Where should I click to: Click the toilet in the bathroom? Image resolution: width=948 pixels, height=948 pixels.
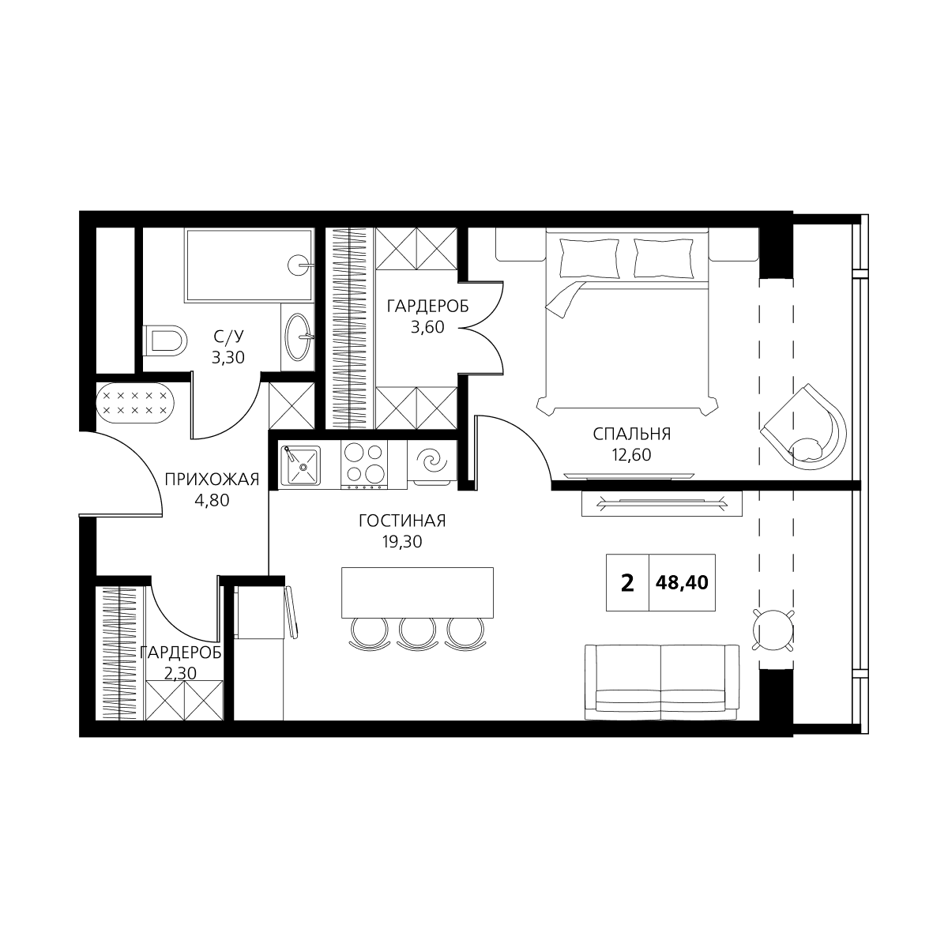tap(165, 340)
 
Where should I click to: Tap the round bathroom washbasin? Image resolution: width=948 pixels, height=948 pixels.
tap(299, 337)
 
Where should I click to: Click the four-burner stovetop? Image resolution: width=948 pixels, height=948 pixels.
tap(364, 463)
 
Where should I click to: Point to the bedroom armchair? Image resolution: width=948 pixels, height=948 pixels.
tap(803, 427)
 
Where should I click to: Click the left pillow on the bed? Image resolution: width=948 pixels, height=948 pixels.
tap(589, 258)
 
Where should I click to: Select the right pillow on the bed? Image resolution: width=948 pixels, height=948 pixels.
tap(664, 258)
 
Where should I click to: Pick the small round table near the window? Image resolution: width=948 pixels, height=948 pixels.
tap(773, 630)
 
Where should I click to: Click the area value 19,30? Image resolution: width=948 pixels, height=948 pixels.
tap(402, 542)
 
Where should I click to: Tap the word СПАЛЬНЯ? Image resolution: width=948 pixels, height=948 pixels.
tap(632, 434)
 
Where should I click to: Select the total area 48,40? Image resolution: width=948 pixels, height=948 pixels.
tap(682, 582)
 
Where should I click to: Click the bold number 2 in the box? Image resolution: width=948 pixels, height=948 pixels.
tap(627, 583)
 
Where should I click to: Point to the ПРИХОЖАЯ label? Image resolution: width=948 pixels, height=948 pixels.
tap(212, 480)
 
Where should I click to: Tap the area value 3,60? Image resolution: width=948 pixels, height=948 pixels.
tap(427, 327)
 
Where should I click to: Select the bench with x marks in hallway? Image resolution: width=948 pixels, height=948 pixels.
tap(135, 403)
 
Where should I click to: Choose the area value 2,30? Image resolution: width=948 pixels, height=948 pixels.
tap(180, 673)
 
